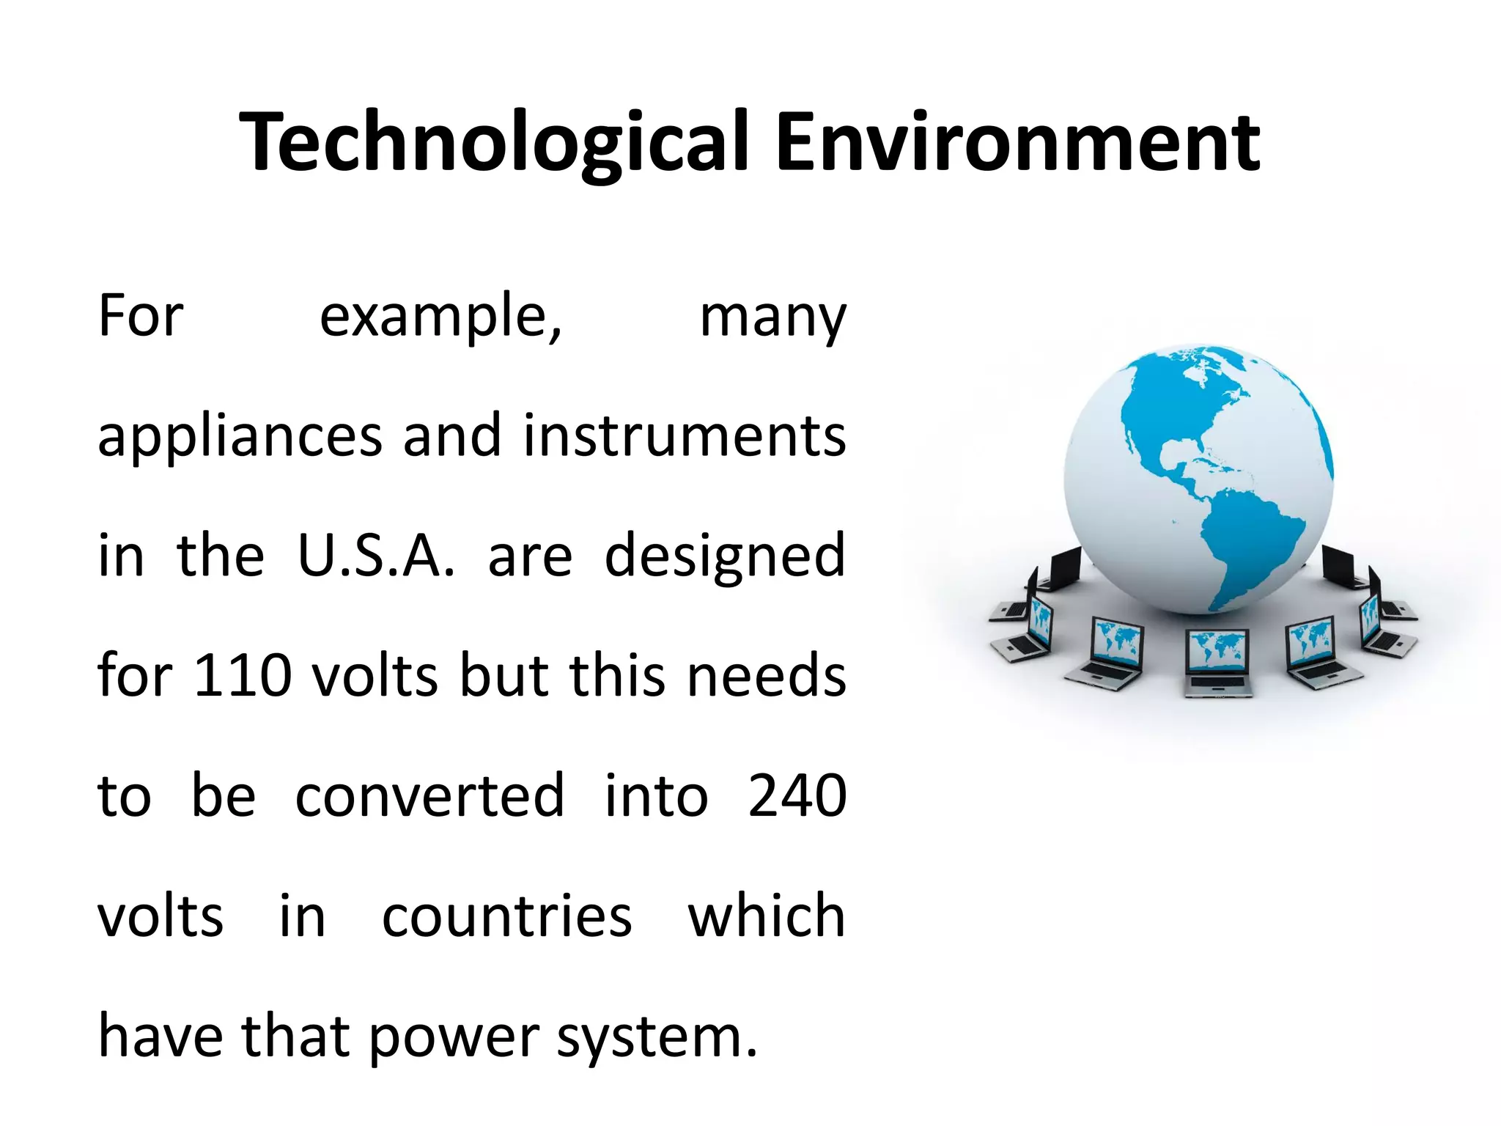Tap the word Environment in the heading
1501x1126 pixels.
point(1017,143)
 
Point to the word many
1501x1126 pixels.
point(773,319)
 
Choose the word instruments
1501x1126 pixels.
point(685,436)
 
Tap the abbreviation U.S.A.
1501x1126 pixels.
point(376,556)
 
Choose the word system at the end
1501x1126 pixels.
point(655,1037)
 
